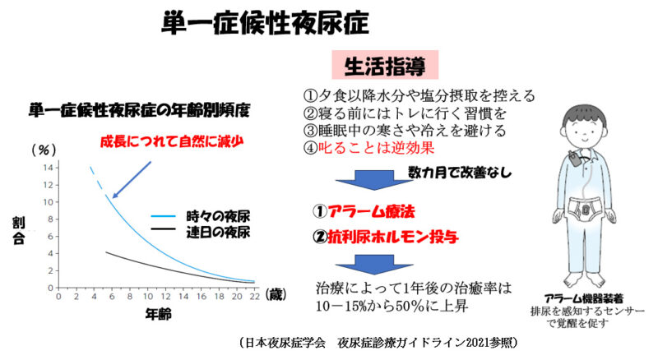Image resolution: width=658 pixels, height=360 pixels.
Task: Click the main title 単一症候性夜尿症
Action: (x=265, y=23)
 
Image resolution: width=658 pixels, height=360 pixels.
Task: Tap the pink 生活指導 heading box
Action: (x=385, y=65)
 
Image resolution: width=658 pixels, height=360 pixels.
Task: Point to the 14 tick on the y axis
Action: (x=49, y=168)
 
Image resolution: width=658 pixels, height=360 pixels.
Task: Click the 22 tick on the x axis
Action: (x=255, y=296)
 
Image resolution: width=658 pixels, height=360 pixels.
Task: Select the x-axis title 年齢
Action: (x=158, y=313)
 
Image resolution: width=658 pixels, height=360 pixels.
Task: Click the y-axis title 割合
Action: (x=19, y=231)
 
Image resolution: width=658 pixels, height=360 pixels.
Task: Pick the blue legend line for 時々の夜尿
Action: (x=163, y=216)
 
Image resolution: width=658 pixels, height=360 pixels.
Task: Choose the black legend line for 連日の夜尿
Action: (x=163, y=228)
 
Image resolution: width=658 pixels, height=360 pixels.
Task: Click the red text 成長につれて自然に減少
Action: (x=172, y=141)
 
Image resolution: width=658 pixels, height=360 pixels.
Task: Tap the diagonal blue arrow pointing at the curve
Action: (x=132, y=179)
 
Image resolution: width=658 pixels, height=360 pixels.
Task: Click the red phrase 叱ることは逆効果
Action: (x=376, y=148)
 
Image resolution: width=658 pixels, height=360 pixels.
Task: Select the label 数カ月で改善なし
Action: (x=460, y=172)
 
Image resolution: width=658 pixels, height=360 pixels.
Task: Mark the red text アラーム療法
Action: (x=372, y=211)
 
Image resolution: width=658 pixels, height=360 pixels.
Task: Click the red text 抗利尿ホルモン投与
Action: (x=393, y=238)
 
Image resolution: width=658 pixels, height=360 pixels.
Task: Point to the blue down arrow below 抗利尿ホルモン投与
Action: (x=374, y=265)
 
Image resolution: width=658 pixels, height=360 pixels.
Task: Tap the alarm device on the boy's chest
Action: (x=573, y=159)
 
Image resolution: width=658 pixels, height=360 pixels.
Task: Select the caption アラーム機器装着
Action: (x=583, y=298)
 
